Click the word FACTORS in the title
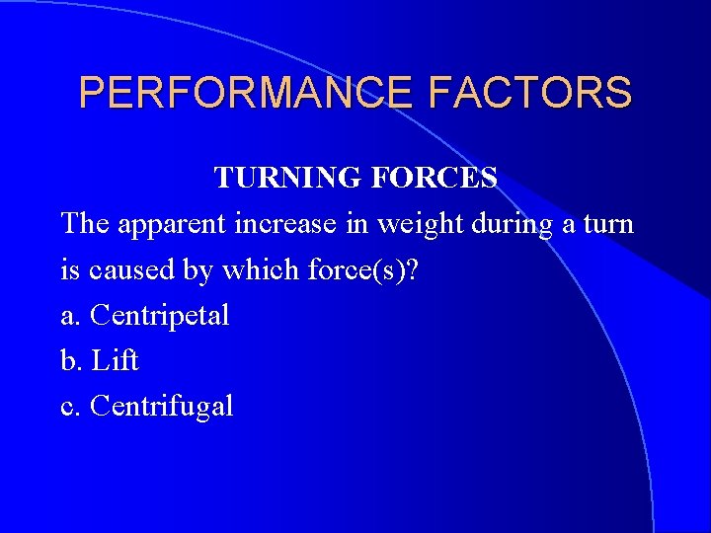click(531, 94)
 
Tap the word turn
click(608, 225)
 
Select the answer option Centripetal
click(159, 317)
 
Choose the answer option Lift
click(115, 361)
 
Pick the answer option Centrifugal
click(161, 407)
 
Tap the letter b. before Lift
click(71, 361)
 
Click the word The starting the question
click(86, 224)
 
